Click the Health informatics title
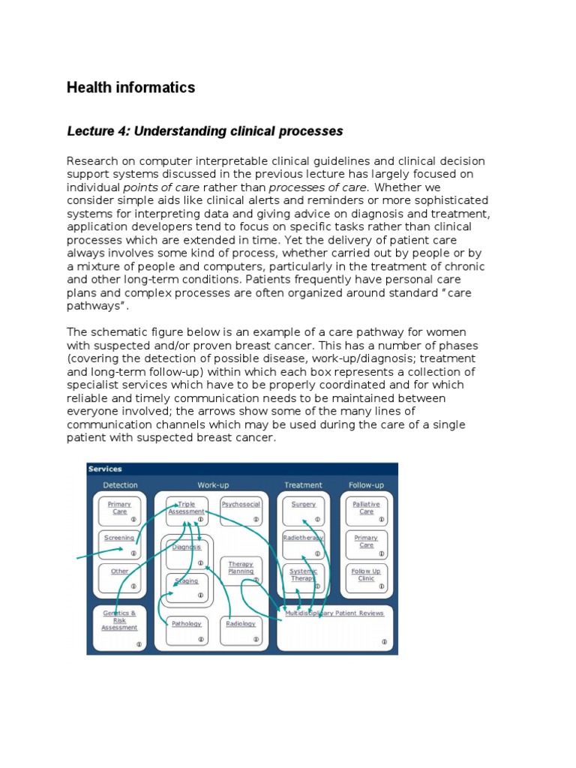point(130,88)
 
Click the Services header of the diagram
point(105,469)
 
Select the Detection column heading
point(120,485)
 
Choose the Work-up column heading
point(213,485)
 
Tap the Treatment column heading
point(304,485)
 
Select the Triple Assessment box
point(186,510)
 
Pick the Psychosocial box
point(241,510)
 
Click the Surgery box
point(304,510)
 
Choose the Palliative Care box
point(366,510)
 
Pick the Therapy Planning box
point(241,570)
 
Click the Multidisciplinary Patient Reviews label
point(334,613)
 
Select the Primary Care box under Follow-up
point(366,544)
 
